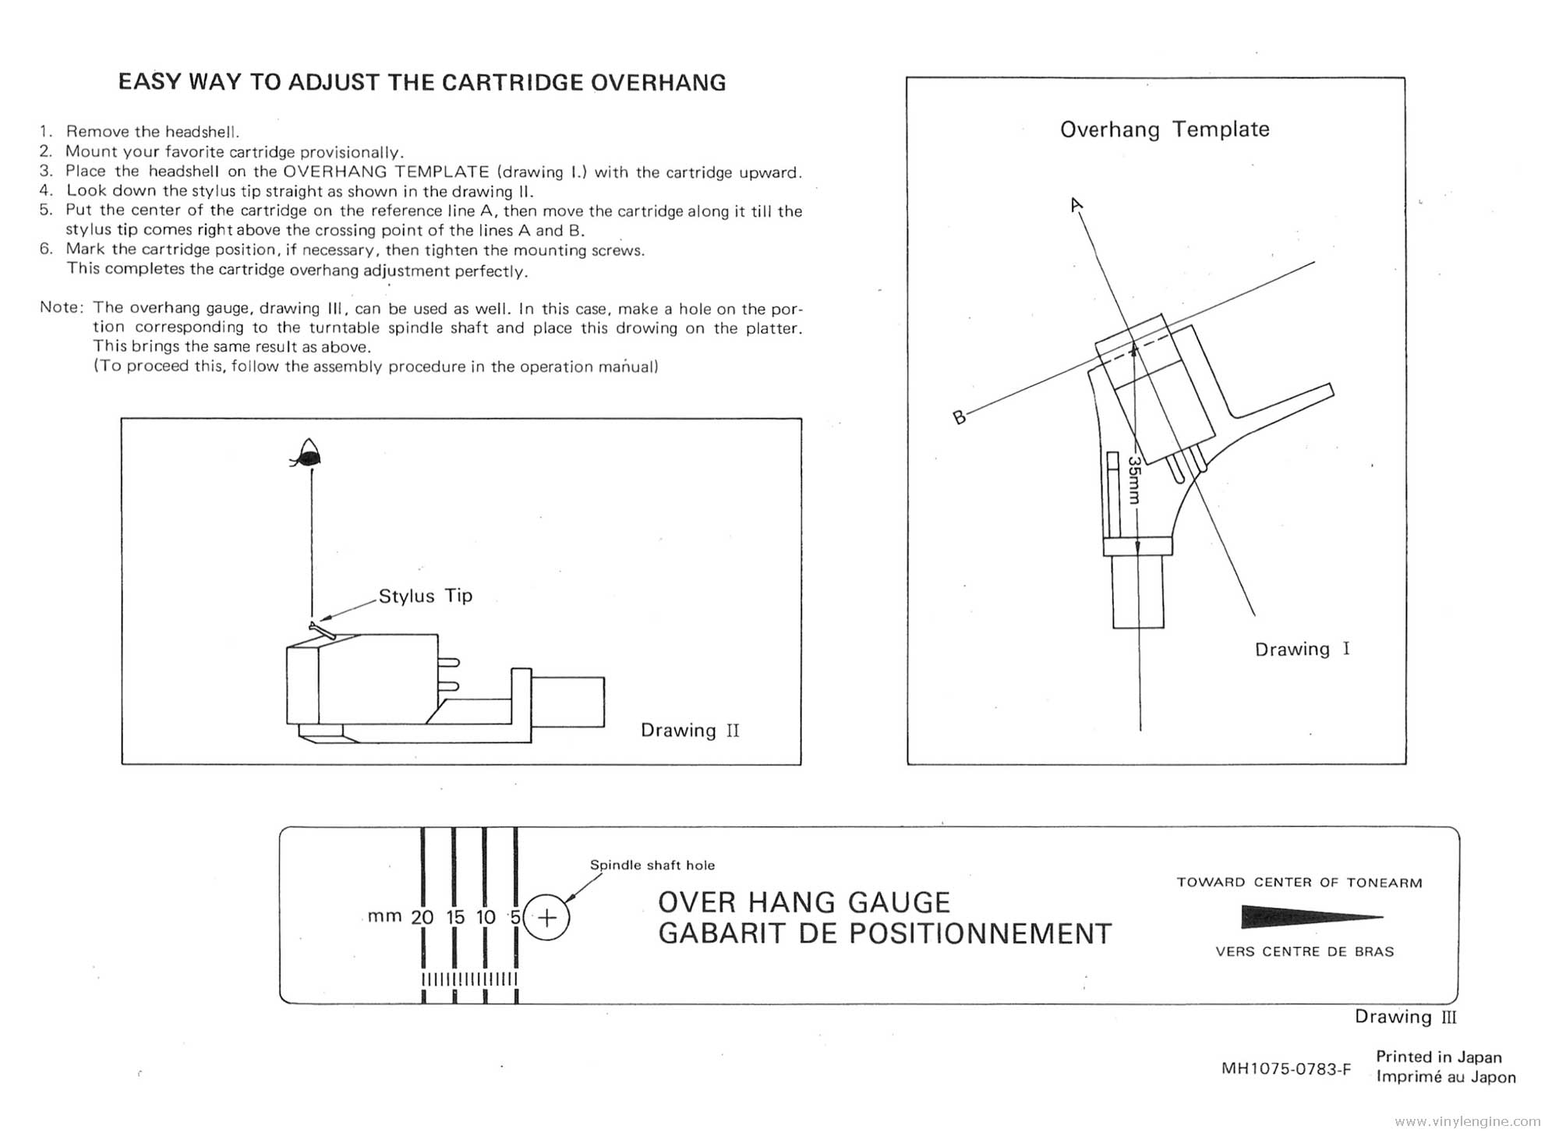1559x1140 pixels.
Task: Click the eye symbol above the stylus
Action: (309, 454)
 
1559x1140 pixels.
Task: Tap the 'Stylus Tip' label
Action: (426, 596)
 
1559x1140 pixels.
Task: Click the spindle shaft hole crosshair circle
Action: (547, 918)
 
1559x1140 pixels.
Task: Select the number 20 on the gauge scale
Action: (422, 918)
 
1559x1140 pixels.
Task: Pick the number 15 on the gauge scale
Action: (455, 918)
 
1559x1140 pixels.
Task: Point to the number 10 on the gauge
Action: (486, 918)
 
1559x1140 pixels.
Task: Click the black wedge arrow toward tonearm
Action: (1310, 917)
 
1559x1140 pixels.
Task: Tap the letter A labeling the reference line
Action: (1076, 205)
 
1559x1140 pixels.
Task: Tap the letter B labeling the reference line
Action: (960, 417)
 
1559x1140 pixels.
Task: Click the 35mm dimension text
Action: (1134, 480)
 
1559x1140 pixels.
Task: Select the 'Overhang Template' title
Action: (1165, 129)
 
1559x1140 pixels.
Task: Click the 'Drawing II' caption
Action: (690, 731)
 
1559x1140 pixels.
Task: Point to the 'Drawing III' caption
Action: (1405, 1017)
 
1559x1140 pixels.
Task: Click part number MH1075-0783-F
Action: (1286, 1069)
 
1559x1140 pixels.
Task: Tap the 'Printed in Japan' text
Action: (1438, 1057)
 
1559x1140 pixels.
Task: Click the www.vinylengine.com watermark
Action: (1468, 1122)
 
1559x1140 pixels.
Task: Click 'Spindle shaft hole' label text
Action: (652, 866)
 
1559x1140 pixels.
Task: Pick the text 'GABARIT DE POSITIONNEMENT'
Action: (885, 934)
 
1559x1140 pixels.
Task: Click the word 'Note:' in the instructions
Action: (61, 307)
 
